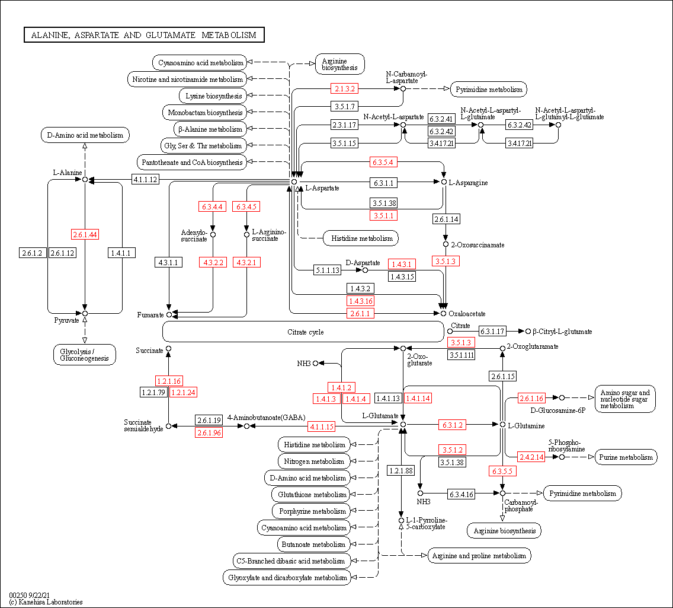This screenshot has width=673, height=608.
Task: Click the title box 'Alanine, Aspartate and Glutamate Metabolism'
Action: (144, 35)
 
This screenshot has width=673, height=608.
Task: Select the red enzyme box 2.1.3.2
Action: (344, 89)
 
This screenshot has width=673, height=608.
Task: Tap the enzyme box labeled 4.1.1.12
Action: (145, 179)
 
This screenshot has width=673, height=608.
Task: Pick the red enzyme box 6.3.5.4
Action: (383, 162)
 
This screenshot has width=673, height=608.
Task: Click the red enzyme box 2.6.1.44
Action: (85, 234)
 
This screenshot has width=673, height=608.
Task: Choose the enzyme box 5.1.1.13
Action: (328, 270)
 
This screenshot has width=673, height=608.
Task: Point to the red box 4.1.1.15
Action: (321, 426)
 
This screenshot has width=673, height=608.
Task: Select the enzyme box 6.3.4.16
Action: (462, 494)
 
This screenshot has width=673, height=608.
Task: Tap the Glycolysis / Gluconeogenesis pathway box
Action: (85, 355)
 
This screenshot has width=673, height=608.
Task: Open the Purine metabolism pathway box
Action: (626, 457)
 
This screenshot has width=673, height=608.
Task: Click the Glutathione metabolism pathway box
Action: (312, 495)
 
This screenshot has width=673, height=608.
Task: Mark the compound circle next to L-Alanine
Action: (85, 179)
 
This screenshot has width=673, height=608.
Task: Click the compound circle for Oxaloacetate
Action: (443, 313)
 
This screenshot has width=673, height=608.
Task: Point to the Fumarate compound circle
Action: (169, 314)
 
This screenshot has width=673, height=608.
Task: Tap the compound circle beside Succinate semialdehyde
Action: (169, 426)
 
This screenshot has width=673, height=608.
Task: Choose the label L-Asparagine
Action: (468, 183)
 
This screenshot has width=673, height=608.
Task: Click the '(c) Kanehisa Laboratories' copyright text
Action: (46, 602)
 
